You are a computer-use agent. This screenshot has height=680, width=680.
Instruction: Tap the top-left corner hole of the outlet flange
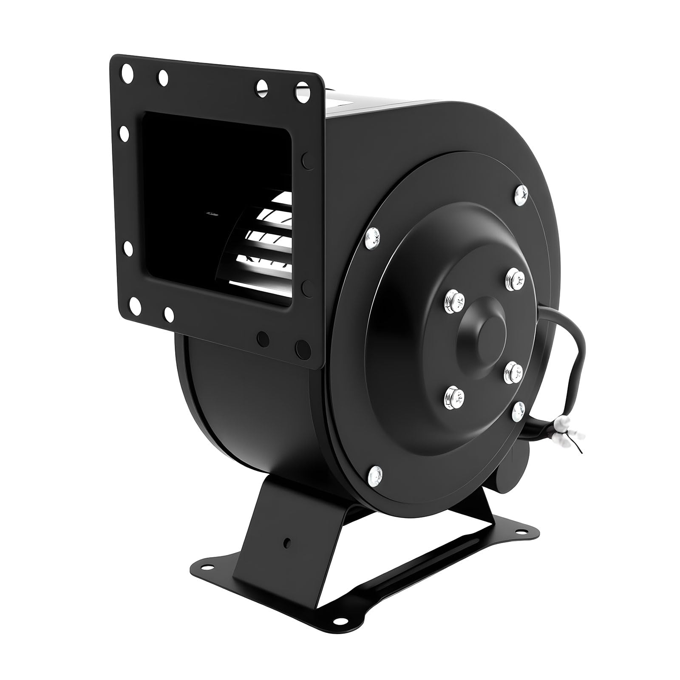click(x=126, y=69)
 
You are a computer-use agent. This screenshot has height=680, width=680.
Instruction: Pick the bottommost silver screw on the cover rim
click(x=376, y=485)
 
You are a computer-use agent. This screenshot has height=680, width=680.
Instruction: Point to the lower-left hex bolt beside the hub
click(x=454, y=397)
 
